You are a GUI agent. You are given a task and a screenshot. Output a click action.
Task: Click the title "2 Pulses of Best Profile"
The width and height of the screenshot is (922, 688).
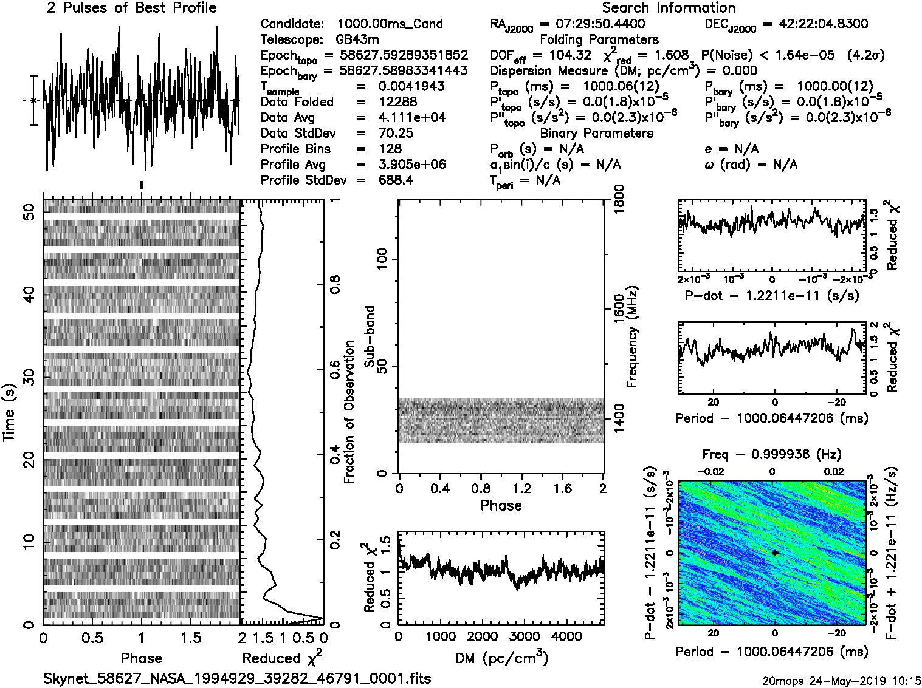click(x=131, y=8)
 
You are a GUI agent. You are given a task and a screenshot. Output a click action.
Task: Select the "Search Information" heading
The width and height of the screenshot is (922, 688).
click(x=668, y=8)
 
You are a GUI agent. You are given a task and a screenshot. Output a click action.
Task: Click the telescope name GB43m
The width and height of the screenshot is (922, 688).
click(x=357, y=39)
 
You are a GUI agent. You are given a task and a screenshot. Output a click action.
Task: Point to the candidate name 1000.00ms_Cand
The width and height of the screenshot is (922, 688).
click(x=390, y=24)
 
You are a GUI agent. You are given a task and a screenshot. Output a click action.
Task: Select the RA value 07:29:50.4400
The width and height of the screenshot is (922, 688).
click(x=592, y=24)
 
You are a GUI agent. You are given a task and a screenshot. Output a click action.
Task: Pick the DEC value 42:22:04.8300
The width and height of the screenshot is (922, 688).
click(x=815, y=24)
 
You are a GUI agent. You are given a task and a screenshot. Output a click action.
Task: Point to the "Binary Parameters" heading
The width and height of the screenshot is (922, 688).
click(x=596, y=133)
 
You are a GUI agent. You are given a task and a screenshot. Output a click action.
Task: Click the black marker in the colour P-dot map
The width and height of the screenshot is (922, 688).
click(x=775, y=553)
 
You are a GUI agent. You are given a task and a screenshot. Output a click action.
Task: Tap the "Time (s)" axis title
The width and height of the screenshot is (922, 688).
click(x=10, y=412)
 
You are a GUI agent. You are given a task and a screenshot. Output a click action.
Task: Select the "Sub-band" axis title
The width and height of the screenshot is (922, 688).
click(x=369, y=336)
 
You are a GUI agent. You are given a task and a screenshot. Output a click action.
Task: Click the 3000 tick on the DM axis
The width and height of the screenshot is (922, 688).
click(x=524, y=636)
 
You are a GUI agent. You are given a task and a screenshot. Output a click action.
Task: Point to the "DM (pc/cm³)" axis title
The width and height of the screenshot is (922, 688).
click(x=501, y=658)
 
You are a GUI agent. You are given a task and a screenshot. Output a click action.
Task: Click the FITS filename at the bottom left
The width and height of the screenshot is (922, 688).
click(x=237, y=678)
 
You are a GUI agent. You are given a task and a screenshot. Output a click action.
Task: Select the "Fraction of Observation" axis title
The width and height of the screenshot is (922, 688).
click(x=349, y=412)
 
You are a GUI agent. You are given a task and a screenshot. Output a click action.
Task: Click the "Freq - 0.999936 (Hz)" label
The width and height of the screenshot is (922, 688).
click(x=772, y=454)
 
